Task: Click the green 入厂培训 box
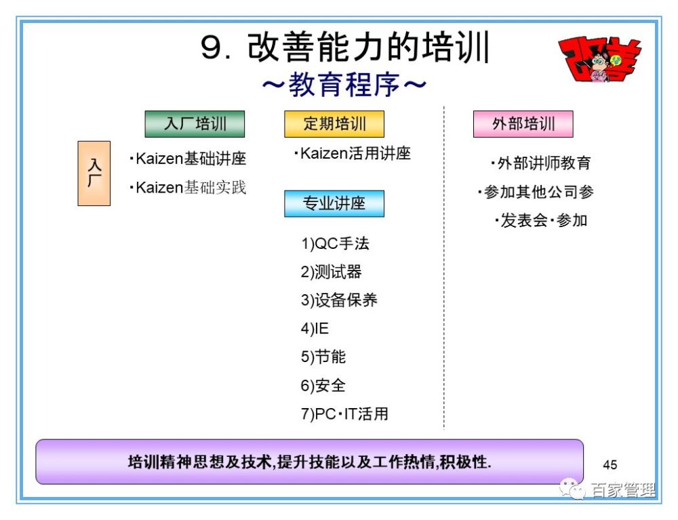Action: pyautogui.click(x=195, y=124)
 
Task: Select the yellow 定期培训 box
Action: pyautogui.click(x=334, y=124)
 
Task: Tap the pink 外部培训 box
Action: pyautogui.click(x=523, y=124)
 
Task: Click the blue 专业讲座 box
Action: pyautogui.click(x=334, y=203)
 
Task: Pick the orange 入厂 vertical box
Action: pyautogui.click(x=94, y=174)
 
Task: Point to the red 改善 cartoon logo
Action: pyautogui.click(x=600, y=59)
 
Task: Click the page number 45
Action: pyautogui.click(x=610, y=464)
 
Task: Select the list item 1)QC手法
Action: pyautogui.click(x=335, y=244)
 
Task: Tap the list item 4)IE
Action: pyautogui.click(x=315, y=329)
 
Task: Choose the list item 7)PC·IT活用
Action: pyautogui.click(x=344, y=414)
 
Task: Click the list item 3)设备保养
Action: pyautogui.click(x=339, y=300)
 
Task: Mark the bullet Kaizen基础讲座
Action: pyautogui.click(x=188, y=159)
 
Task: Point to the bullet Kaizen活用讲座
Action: pyautogui.click(x=352, y=153)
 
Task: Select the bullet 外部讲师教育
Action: pyautogui.click(x=540, y=163)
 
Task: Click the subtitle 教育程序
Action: pyautogui.click(x=344, y=85)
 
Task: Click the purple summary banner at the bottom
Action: pyautogui.click(x=310, y=462)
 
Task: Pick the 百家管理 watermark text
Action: pyautogui.click(x=623, y=489)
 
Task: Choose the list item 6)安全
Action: pyautogui.click(x=323, y=385)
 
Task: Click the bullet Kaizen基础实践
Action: pyautogui.click(x=188, y=188)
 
